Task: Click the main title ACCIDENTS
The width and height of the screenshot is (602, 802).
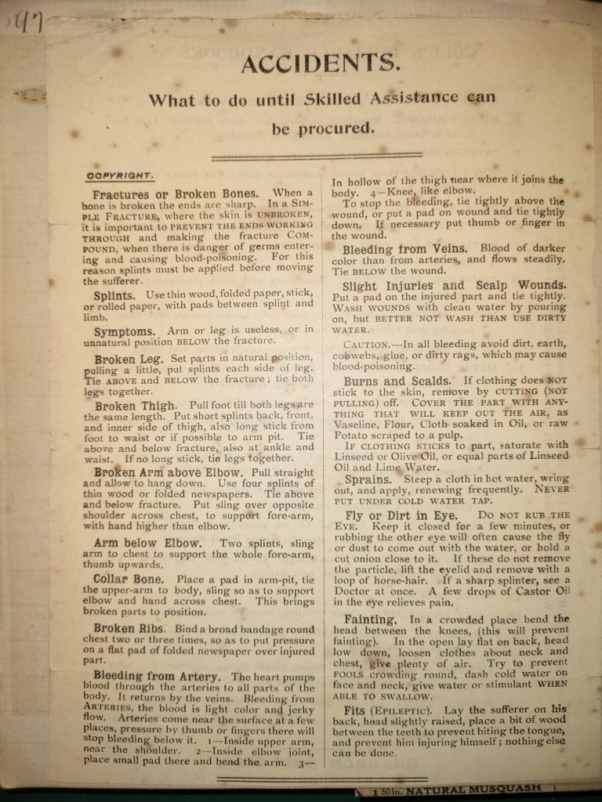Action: pyautogui.click(x=320, y=63)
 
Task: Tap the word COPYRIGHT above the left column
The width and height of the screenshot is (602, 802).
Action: pyautogui.click(x=120, y=176)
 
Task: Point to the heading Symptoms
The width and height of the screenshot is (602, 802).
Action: pyautogui.click(x=125, y=331)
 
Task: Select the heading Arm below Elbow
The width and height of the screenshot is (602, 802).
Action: pyautogui.click(x=147, y=544)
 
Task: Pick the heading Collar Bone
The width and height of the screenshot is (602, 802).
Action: pyautogui.click(x=129, y=580)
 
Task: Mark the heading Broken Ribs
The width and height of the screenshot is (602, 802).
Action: pyautogui.click(x=129, y=629)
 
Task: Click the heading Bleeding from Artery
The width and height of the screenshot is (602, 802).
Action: pyautogui.click(x=157, y=676)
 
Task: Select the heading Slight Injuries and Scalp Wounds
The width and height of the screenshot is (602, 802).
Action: pyautogui.click(x=454, y=286)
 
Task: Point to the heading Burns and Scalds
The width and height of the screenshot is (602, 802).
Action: pyautogui.click(x=397, y=381)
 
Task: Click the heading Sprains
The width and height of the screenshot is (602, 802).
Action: pyautogui.click(x=368, y=479)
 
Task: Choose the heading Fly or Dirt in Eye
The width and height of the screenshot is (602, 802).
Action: pyautogui.click(x=401, y=515)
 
